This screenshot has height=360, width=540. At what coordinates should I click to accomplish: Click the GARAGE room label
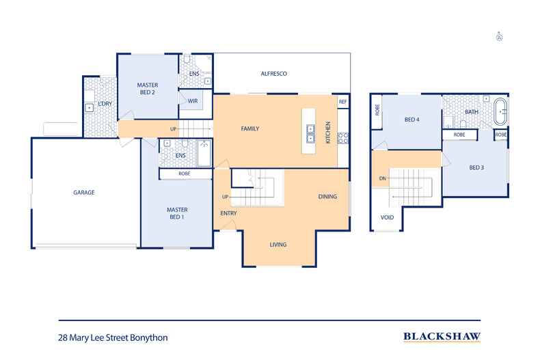pyautogui.click(x=84, y=193)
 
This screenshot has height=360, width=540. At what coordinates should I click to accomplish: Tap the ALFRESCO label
pyautogui.click(x=274, y=74)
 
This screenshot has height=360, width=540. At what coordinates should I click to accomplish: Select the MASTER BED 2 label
pyautogui.click(x=148, y=88)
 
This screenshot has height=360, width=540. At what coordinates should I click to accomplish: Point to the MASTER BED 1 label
pyautogui.click(x=177, y=213)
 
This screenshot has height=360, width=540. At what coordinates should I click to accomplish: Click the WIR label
pyautogui.click(x=193, y=101)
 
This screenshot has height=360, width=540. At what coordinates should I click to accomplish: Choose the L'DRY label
pyautogui.click(x=105, y=104)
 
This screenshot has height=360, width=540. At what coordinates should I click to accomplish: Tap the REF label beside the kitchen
pyautogui.click(x=342, y=102)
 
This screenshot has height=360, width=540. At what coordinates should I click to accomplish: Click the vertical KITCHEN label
pyautogui.click(x=328, y=132)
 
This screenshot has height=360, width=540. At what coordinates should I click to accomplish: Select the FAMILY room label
pyautogui.click(x=250, y=128)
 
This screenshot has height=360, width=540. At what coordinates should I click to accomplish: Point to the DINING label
pyautogui.click(x=327, y=197)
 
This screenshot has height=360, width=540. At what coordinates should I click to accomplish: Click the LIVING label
pyautogui.click(x=278, y=245)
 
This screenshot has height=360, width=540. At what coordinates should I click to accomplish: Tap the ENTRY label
pyautogui.click(x=229, y=213)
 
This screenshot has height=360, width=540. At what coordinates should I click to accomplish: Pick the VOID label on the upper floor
pyautogui.click(x=387, y=217)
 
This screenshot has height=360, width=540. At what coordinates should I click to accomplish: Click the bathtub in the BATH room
pyautogui.click(x=501, y=112)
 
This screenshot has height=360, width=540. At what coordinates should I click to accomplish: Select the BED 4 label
pyautogui.click(x=412, y=120)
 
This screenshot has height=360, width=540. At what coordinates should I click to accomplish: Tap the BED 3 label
pyautogui.click(x=476, y=167)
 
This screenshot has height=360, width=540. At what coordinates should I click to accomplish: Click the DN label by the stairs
pyautogui.click(x=383, y=178)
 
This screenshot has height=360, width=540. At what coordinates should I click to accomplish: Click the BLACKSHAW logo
pyautogui.click(x=442, y=336)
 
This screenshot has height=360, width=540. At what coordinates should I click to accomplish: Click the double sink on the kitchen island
pyautogui.click(x=310, y=133)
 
